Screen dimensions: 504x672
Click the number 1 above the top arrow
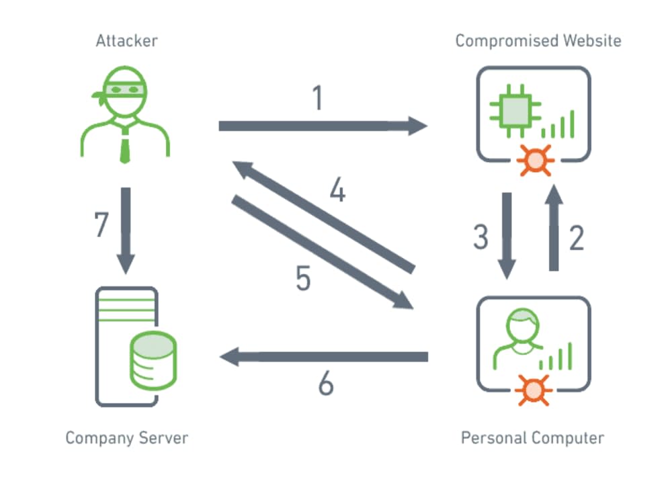coord(318,98)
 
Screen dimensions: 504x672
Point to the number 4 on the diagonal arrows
coord(338,192)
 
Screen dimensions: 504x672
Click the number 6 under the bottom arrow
coord(325,384)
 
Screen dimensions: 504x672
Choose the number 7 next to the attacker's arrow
coord(101,225)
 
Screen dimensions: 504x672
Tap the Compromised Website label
coord(538,41)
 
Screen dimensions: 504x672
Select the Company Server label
coord(127,438)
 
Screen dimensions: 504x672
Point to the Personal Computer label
coord(532,438)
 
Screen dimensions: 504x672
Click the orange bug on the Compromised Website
coord(535,159)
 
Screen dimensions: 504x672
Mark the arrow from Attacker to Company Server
coord(126,228)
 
